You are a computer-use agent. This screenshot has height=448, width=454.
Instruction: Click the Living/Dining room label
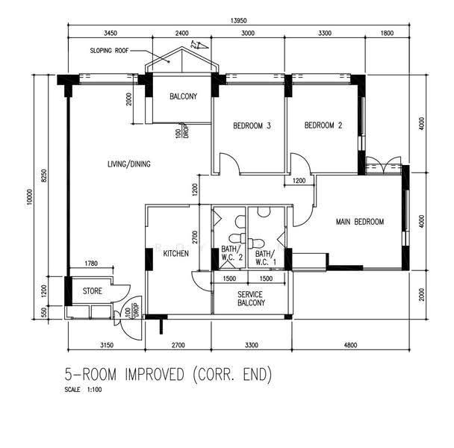129,164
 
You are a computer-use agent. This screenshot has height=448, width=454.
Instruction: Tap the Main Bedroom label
360,222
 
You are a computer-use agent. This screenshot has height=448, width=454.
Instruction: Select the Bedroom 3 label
252,125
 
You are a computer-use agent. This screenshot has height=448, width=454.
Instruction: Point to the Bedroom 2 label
323,125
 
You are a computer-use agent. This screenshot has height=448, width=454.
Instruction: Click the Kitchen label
175,254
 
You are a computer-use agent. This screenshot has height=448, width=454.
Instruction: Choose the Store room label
93,291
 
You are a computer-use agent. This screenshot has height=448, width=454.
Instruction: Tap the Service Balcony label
252,299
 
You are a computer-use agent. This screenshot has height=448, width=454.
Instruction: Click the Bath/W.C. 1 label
266,258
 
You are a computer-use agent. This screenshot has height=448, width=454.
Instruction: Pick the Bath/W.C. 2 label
231,253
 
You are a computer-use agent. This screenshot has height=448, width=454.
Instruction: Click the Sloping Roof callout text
109,51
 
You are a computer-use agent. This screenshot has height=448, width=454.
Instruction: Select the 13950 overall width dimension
239,21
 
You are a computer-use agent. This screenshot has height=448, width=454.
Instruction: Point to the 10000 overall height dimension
29,197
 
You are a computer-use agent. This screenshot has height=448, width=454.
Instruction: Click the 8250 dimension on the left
44,175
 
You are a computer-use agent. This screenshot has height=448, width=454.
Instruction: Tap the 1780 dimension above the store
91,264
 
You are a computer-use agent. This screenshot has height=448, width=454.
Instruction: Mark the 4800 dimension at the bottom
350,345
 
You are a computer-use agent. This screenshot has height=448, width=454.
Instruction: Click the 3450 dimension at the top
111,34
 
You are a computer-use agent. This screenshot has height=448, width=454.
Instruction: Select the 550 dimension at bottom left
44,312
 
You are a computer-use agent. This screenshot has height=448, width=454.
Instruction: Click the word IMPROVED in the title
155,374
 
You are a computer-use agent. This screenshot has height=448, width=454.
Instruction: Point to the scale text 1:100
94,390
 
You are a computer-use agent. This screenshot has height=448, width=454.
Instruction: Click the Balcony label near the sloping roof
183,96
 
